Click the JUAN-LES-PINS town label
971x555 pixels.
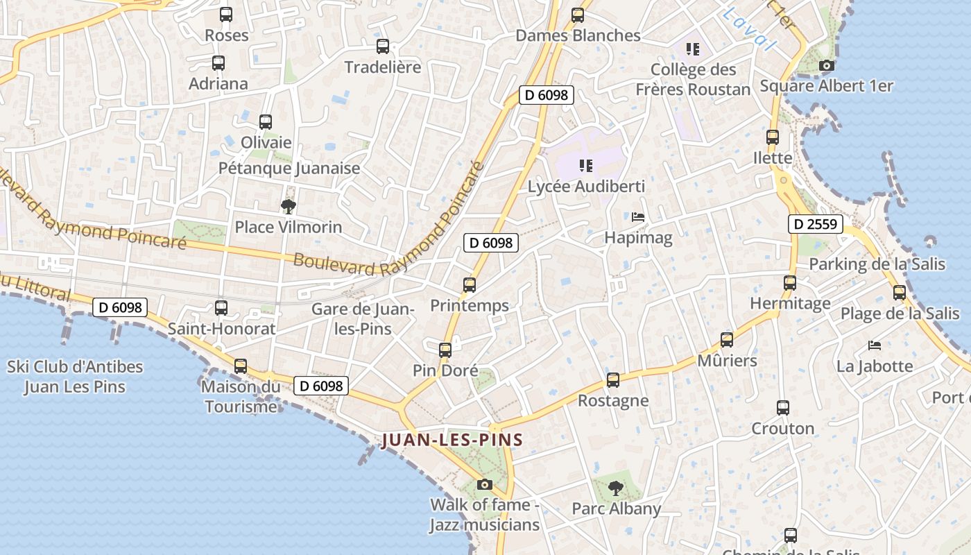pos(452,440)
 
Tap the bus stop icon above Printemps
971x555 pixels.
pos(470,284)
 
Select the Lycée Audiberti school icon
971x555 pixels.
pos(586,165)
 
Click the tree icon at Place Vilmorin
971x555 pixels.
pos(288,206)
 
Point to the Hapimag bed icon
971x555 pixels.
pos(638,217)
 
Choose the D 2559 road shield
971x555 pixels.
pos(816,224)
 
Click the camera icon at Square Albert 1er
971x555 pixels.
pos(826,66)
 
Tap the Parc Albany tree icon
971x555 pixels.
pos(615,488)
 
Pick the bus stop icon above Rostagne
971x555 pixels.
pos(613,379)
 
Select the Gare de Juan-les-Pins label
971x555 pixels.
pos(363,318)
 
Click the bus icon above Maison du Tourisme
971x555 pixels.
pos(241,366)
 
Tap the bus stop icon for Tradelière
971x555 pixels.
pos(382,46)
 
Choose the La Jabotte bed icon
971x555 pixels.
pos(875,345)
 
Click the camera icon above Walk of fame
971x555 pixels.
pos(485,484)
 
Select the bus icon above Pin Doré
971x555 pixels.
pos(445,350)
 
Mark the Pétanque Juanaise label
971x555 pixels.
pos(289,168)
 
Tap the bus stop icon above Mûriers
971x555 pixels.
pos(727,339)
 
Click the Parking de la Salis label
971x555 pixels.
pos(877,264)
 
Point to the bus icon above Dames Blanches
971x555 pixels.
pos(578,15)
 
